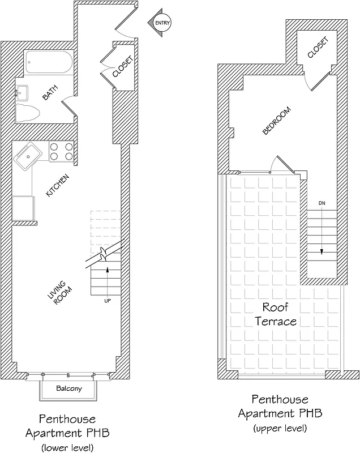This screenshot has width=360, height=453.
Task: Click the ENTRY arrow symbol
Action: coord(159,23)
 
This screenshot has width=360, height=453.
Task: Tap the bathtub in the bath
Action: coord(48,64)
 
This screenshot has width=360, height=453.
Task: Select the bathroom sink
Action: coord(23,92)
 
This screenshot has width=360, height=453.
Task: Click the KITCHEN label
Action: coord(58,186)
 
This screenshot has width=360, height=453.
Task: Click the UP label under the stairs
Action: coord(107,300)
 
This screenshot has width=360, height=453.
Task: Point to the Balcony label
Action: coord(69,389)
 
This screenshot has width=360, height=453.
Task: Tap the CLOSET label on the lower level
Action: coord(123,66)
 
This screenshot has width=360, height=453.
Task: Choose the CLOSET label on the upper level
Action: coord(318,48)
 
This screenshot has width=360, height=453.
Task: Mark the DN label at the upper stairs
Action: coord(322,202)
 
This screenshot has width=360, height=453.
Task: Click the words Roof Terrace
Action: coord(276,314)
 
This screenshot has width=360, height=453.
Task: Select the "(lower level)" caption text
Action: coord(67,448)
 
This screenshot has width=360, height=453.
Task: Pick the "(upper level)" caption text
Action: coord(280,428)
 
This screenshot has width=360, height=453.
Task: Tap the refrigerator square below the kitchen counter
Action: coord(23,207)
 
